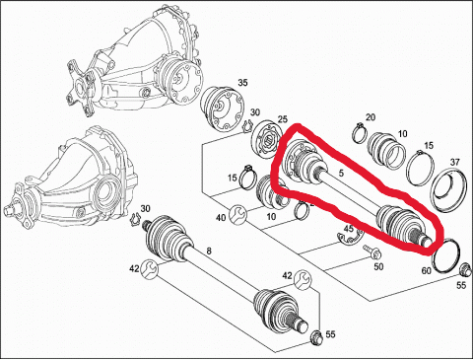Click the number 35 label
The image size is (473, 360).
click(242, 83)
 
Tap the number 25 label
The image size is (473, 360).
click(283, 118)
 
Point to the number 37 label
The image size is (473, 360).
click(454, 162)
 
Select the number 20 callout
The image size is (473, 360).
click(371, 117)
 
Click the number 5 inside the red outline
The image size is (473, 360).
click(341, 173)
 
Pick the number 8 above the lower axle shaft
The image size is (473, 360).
click(209, 252)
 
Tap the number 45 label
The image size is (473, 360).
click(348, 229)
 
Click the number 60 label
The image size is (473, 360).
click(426, 270)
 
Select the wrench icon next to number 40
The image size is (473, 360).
click(237, 214)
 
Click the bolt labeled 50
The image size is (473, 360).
click(372, 252)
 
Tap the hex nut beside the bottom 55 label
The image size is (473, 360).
click(315, 336)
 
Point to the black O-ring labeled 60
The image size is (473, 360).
click(446, 255)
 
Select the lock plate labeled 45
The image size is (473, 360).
click(351, 239)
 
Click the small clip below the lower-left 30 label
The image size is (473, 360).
click(136, 219)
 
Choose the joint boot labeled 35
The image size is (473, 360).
click(223, 106)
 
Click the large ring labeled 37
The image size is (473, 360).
click(449, 190)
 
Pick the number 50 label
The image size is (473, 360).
click(378, 266)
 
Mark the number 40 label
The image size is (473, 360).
click(221, 217)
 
